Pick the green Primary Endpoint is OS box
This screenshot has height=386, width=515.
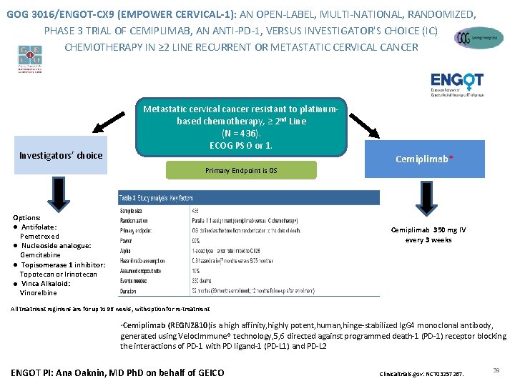point(241,170)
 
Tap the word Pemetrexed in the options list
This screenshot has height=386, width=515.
point(39,236)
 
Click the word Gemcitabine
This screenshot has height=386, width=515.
point(40,255)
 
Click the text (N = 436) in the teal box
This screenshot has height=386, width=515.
point(241,133)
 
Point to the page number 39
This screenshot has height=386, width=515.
point(496,369)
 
